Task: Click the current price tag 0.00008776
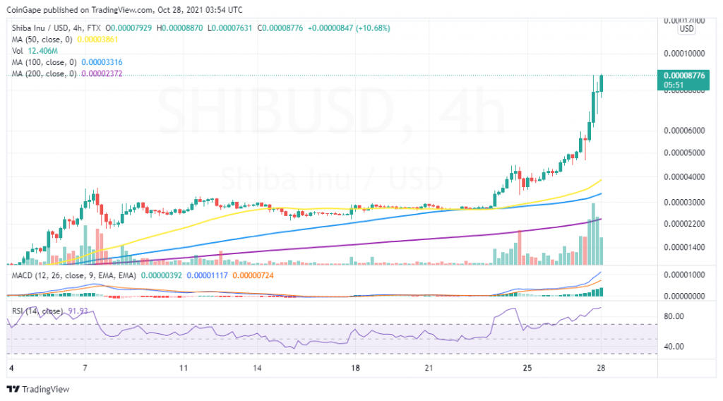point(681,74)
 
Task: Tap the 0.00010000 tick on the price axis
point(681,54)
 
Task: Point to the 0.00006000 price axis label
point(681,131)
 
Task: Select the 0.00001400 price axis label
point(681,248)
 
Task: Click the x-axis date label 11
point(184,369)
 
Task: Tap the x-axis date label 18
point(356,369)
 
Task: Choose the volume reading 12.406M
point(38,51)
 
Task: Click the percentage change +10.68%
point(369,28)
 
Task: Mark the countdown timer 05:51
point(674,85)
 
